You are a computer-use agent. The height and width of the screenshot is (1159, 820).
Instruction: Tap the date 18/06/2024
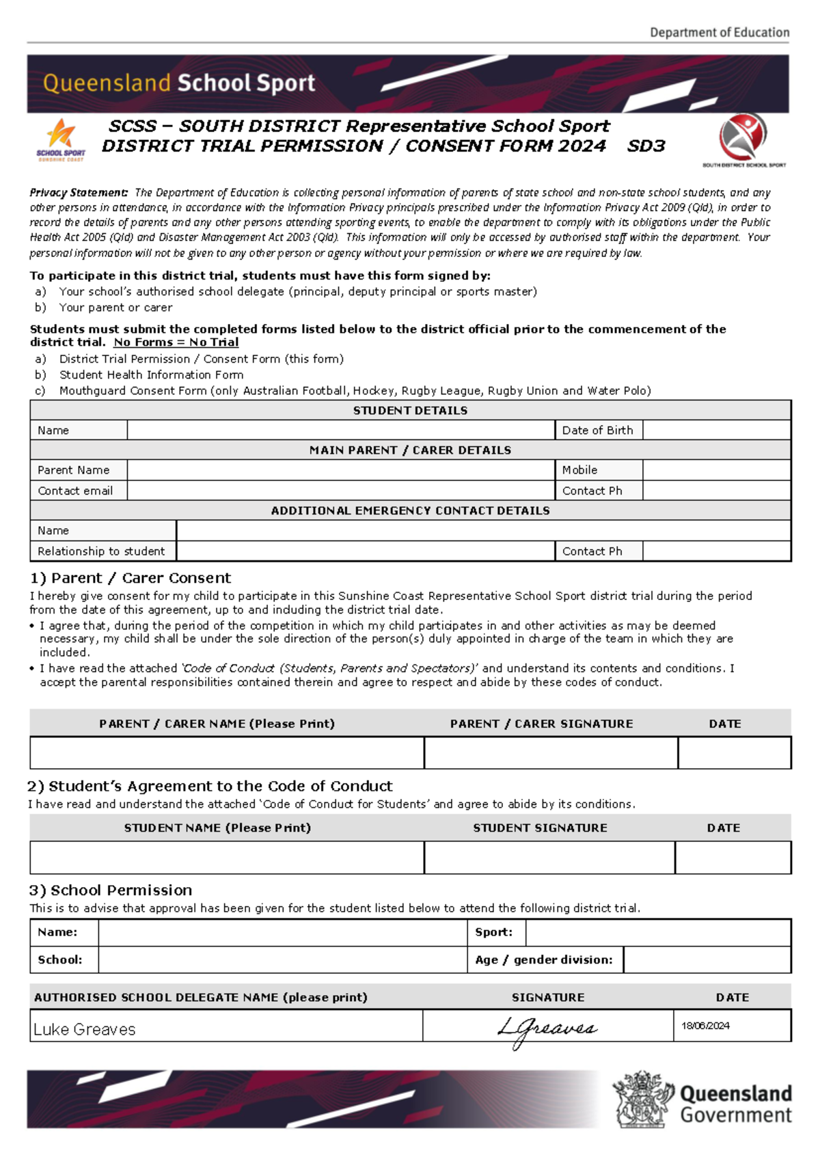[705, 1026]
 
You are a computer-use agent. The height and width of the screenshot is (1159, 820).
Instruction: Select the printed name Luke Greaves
[85, 1029]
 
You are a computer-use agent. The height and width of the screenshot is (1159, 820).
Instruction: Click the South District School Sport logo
[743, 139]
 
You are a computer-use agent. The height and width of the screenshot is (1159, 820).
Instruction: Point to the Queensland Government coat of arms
[641, 1100]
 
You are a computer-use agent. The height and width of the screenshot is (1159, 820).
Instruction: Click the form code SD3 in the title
[646, 146]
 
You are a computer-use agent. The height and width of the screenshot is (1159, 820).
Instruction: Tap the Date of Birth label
[597, 431]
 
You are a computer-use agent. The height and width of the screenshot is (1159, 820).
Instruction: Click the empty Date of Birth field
[716, 431]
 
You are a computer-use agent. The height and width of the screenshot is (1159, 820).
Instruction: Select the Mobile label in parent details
[579, 470]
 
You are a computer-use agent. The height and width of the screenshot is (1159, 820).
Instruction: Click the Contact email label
[75, 491]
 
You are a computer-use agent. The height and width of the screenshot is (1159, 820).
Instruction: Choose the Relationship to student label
[101, 551]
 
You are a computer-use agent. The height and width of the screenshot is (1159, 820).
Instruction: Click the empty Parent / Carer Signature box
[551, 753]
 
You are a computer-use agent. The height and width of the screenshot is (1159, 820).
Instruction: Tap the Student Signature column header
[540, 828]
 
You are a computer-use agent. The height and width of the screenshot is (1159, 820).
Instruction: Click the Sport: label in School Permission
[493, 932]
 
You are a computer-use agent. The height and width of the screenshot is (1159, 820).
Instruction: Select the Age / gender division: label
[544, 960]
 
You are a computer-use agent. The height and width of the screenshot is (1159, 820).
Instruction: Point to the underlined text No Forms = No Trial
[176, 342]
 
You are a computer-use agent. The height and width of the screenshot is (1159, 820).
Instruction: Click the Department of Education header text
[719, 32]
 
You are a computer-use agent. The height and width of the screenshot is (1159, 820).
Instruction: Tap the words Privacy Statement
[79, 193]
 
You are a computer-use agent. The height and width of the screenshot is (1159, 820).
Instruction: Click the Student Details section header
[410, 411]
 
